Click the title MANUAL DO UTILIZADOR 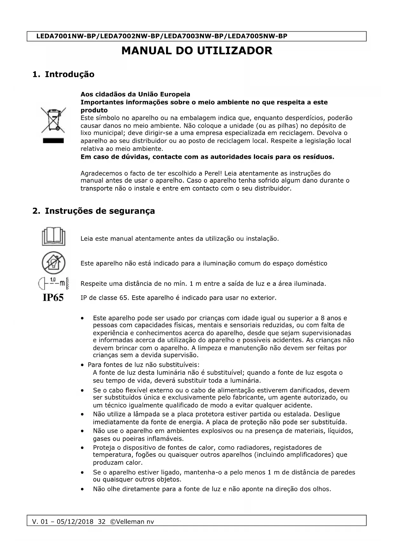click(x=197, y=51)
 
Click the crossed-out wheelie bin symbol click(x=53, y=120)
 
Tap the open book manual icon click(x=53, y=236)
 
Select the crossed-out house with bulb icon click(x=53, y=263)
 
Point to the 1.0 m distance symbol click(x=53, y=283)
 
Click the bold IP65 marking click(x=53, y=298)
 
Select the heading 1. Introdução click(x=63, y=74)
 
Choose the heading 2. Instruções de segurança click(x=94, y=211)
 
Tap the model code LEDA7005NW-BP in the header click(x=257, y=36)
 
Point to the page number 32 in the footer click(x=102, y=522)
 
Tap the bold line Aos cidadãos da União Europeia click(x=135, y=94)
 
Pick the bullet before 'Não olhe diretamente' click(x=83, y=489)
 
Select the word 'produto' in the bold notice click(x=94, y=110)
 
